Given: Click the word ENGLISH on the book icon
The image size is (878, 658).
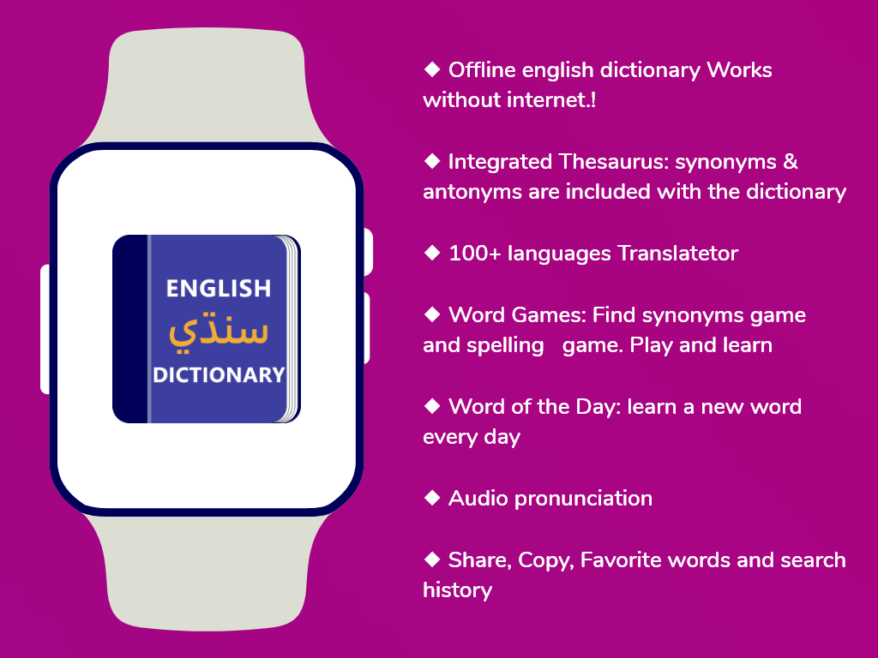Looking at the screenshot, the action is (x=219, y=288).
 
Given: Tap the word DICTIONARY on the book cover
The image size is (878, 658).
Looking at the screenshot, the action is (x=219, y=375).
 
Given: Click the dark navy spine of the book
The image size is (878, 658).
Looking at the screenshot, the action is (x=129, y=329).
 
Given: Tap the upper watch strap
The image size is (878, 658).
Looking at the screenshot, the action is (x=207, y=87).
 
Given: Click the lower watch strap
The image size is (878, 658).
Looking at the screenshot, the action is (x=207, y=571).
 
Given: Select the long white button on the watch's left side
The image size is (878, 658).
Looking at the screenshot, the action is (x=45, y=330).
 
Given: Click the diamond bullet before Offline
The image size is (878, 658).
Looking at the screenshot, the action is (x=432, y=69).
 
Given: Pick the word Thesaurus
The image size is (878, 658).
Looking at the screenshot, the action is (x=612, y=162).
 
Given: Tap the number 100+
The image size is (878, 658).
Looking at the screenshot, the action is (x=475, y=254).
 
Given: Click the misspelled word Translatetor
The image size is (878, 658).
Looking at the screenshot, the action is (x=678, y=254).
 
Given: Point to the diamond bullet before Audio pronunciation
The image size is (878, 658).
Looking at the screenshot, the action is (x=432, y=498).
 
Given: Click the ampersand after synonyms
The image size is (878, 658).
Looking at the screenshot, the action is (x=790, y=162).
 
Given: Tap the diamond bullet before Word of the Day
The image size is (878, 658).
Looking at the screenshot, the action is (x=432, y=406).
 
